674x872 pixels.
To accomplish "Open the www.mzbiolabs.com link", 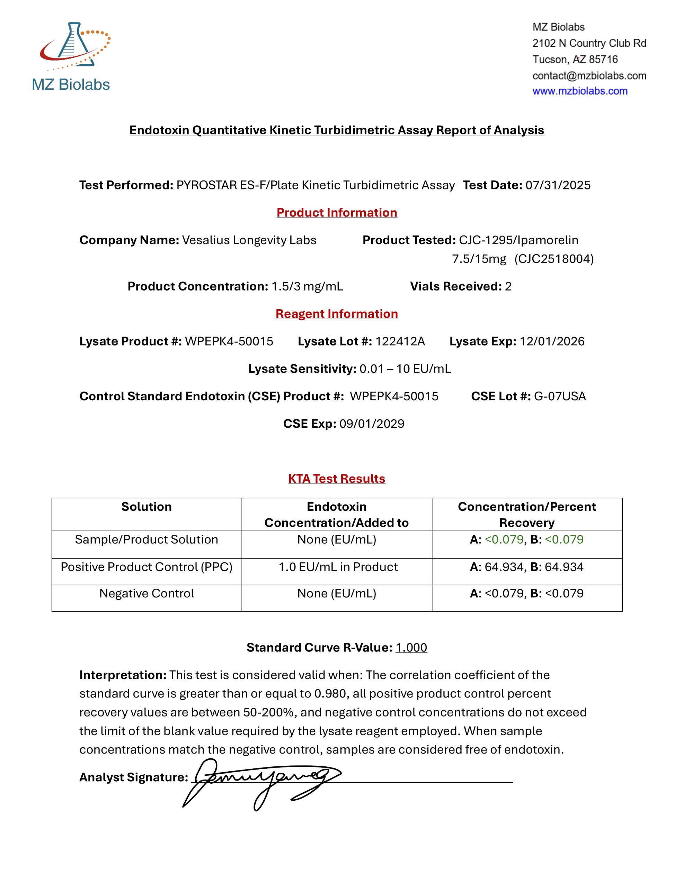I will (580, 91).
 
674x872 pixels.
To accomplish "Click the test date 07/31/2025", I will (558, 185).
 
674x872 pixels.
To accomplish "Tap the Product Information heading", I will (337, 212).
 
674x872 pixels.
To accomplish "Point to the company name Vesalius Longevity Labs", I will (249, 240).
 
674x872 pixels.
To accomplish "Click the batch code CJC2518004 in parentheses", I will (554, 259).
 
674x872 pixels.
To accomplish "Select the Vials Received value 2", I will (508, 286).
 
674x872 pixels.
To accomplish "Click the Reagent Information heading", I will (337, 314).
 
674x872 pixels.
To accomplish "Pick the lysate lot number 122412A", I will (400, 341).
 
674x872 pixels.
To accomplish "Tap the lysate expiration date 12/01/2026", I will (552, 341).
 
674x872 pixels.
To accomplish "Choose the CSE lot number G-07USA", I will (560, 396).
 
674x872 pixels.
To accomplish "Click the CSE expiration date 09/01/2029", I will (372, 424).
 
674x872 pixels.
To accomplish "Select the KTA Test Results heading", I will (337, 478).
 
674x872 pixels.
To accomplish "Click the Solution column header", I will (147, 507).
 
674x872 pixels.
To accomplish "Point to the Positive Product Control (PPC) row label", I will (147, 567).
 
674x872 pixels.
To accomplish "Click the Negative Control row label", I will (147, 593).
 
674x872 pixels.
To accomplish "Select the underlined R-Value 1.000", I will (411, 647).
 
